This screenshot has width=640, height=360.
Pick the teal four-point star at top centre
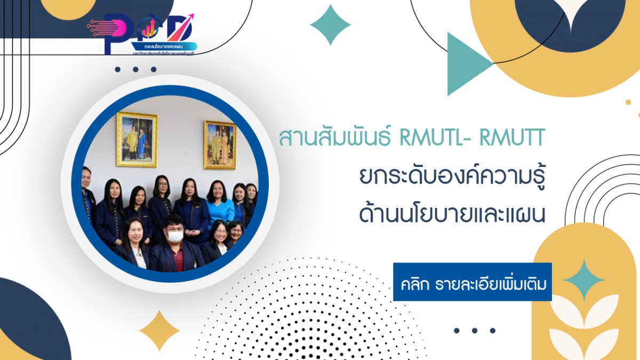point(330,25)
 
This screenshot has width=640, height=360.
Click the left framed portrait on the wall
point(137,139)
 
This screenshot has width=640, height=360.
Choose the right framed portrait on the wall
point(219,145)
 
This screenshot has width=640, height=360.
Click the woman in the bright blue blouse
point(219,205)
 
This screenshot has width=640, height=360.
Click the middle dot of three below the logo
point(135,69)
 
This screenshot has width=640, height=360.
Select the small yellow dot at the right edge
point(628,102)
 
